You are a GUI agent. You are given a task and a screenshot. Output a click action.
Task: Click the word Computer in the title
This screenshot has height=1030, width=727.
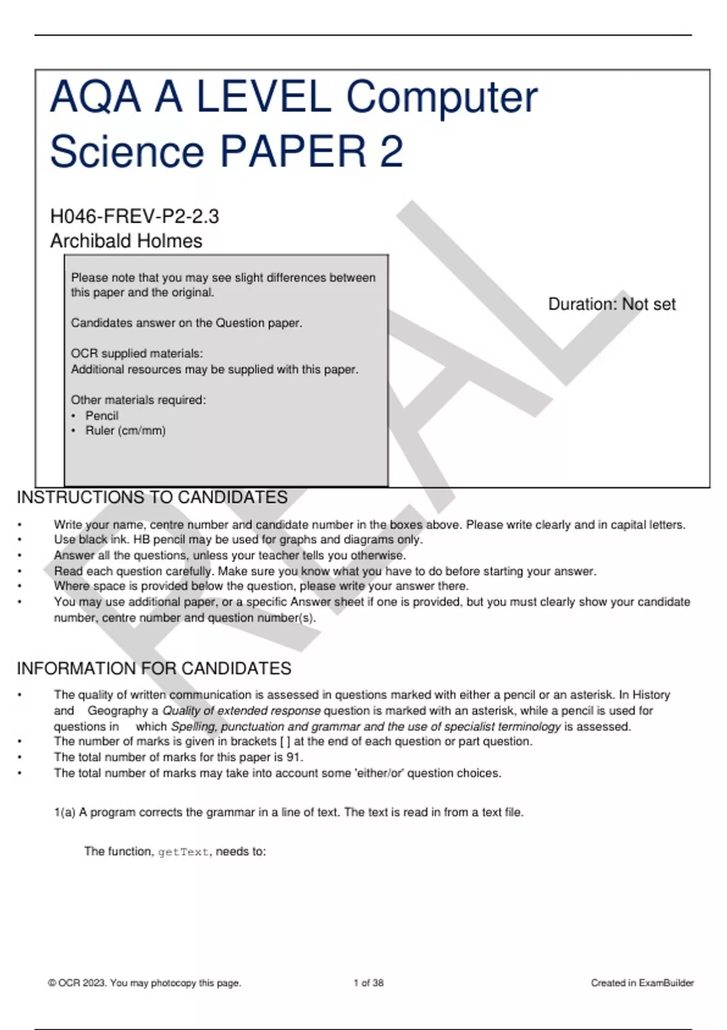coord(442,98)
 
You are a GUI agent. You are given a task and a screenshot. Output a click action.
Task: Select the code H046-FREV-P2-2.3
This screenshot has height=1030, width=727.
coord(134,216)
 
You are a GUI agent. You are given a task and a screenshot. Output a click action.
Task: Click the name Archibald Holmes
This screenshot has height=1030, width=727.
coord(126,241)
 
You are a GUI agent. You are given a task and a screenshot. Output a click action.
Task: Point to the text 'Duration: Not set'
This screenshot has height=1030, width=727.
coord(611,304)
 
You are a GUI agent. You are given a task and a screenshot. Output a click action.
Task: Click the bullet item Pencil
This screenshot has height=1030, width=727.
coord(102,416)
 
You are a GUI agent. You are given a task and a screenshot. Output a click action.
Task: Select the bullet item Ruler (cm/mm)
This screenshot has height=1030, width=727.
coord(125,431)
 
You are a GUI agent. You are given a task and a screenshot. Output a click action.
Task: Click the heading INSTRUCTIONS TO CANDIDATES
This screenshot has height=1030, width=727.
coord(152,497)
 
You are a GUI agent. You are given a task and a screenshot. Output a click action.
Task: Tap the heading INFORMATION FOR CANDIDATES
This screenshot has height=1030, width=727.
coord(154,669)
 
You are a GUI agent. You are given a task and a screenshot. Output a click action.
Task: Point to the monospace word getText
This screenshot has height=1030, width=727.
coord(184,852)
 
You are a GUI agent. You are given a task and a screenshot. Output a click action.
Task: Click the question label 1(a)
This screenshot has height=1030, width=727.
coord(64,812)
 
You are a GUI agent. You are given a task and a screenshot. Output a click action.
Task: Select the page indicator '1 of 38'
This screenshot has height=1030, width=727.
coord(368,983)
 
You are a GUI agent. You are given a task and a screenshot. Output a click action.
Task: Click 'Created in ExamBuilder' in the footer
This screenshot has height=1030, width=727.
coord(642,983)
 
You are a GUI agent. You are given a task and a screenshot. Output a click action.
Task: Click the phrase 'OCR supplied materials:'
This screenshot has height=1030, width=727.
coord(137,354)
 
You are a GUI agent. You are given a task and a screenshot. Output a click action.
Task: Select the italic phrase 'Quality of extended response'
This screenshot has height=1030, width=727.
coord(241,711)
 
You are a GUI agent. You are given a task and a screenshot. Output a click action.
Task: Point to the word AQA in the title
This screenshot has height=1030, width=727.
coord(95,98)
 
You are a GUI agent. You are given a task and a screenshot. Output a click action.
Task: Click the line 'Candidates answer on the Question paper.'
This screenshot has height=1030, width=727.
coord(187,323)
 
